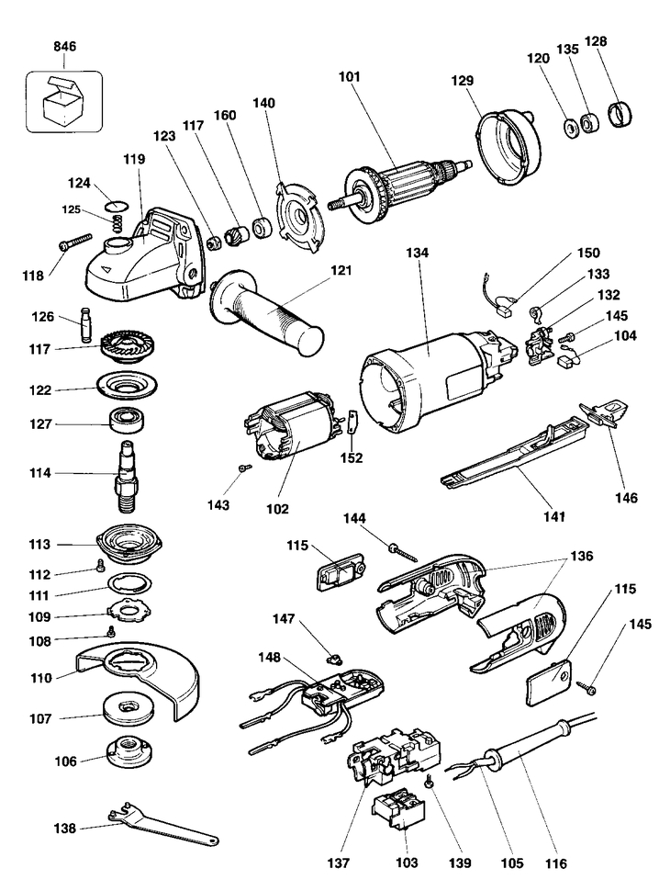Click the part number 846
(x=65, y=46)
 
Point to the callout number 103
(x=407, y=863)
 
